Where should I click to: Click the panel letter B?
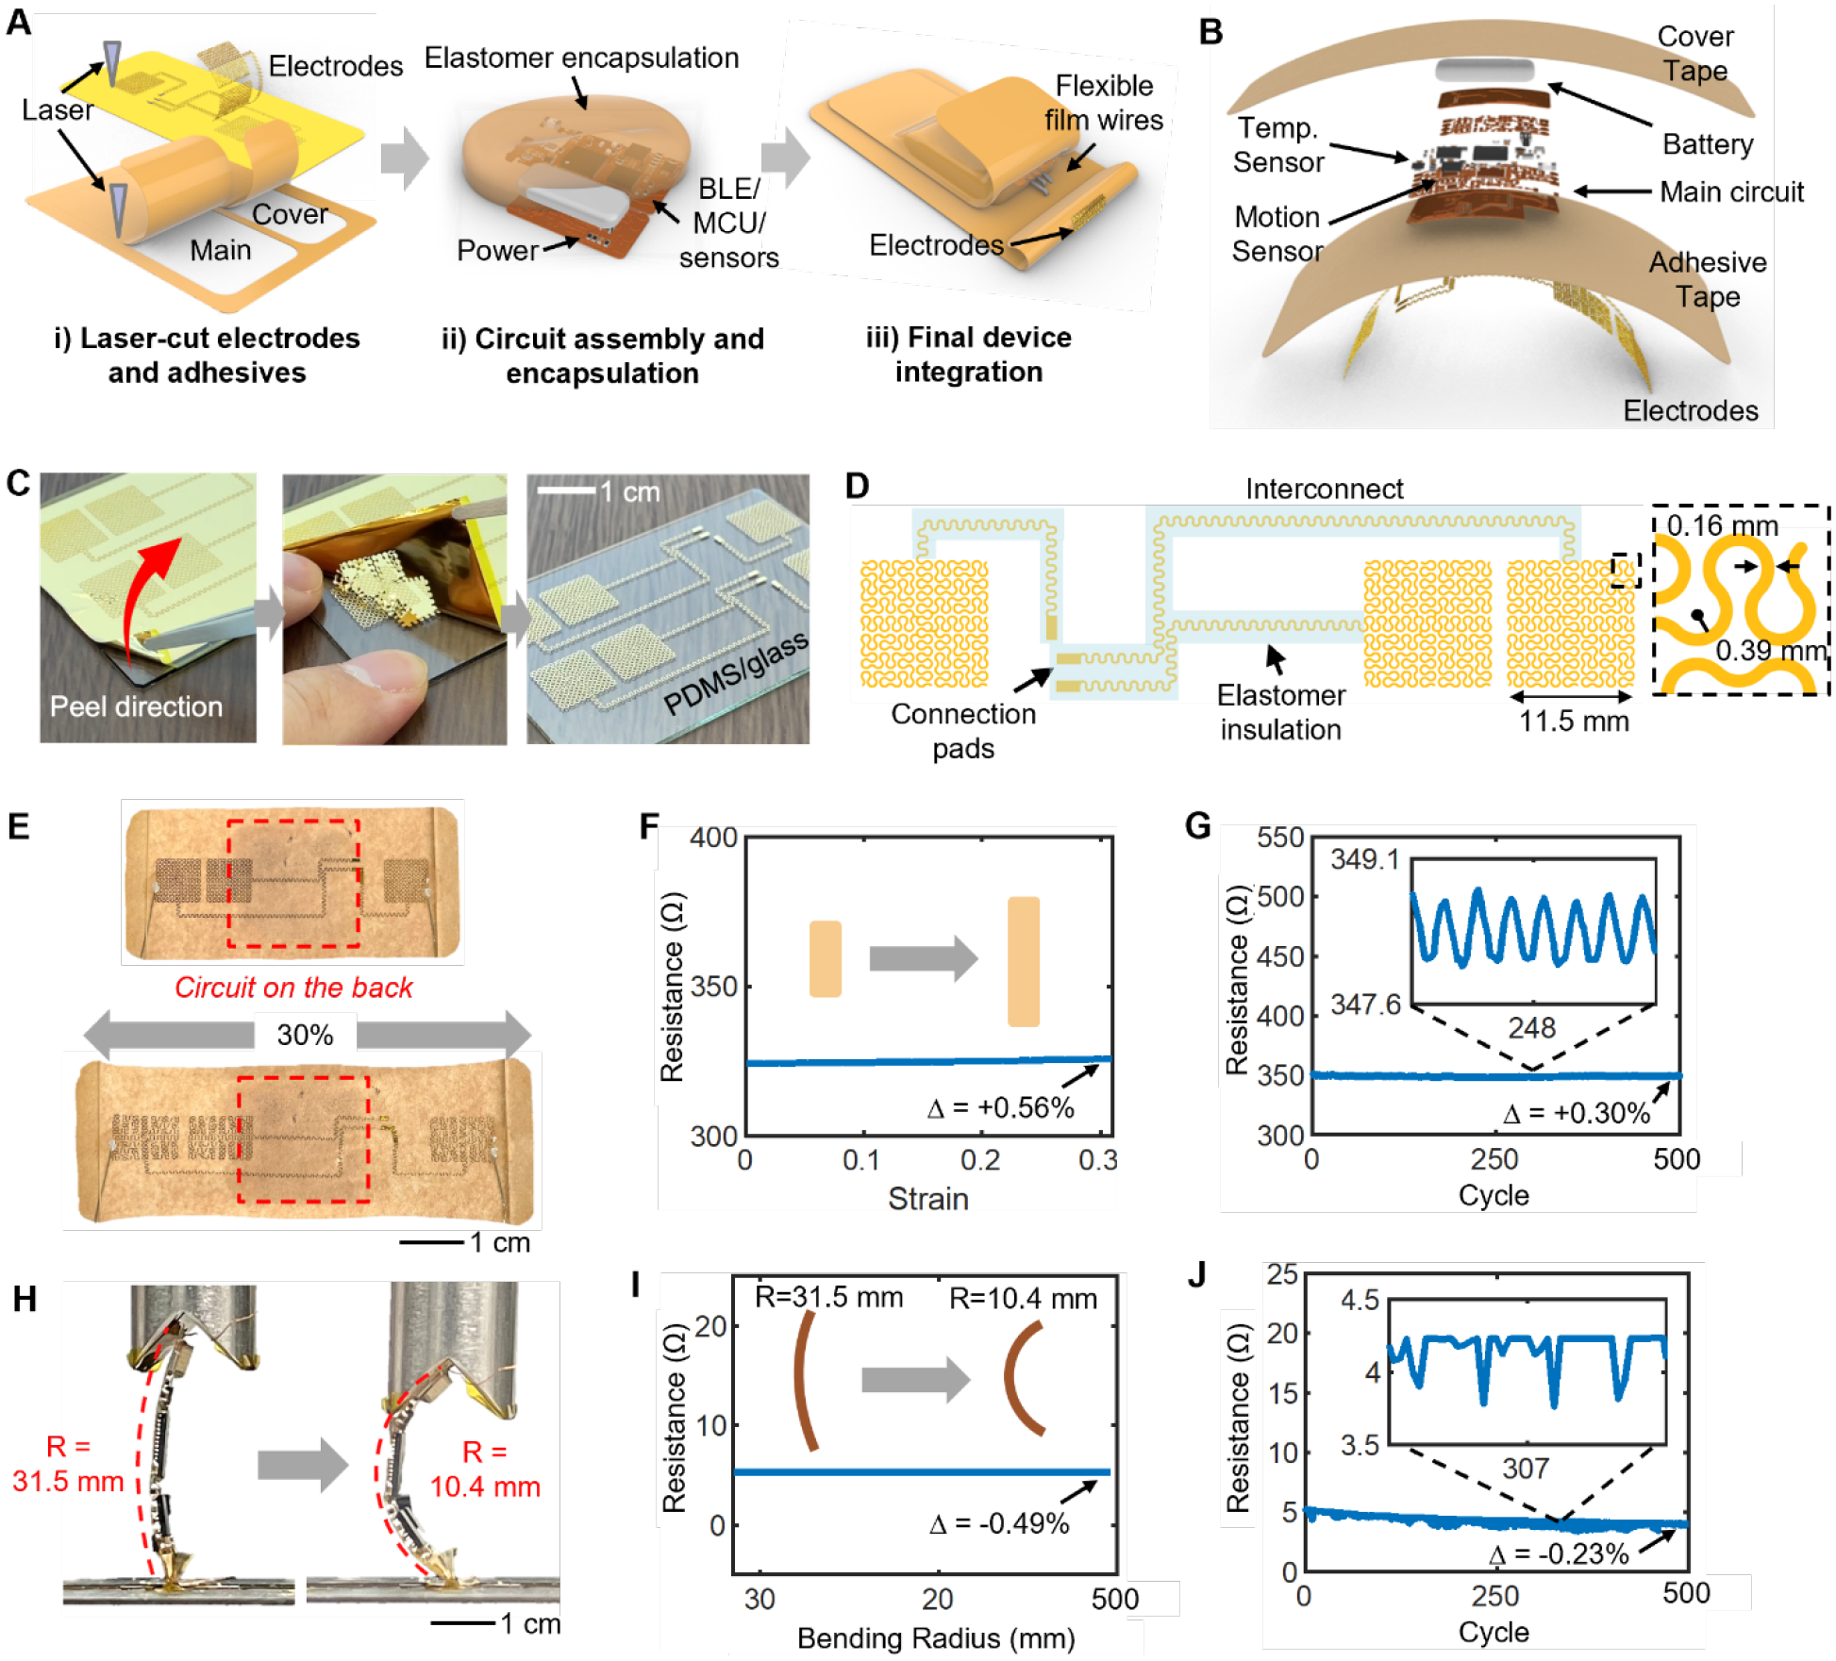click(x=1210, y=32)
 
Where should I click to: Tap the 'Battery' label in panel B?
click(x=1707, y=144)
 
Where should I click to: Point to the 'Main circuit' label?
click(x=1731, y=192)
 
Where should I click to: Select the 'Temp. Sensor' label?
click(x=1278, y=145)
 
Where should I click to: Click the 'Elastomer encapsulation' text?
click(x=581, y=58)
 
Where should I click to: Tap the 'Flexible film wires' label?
click(x=1103, y=103)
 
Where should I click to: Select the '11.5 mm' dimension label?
click(x=1573, y=722)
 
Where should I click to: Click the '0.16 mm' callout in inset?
click(x=1722, y=526)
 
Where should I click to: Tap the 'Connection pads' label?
click(x=963, y=731)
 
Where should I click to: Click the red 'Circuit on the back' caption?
click(x=293, y=988)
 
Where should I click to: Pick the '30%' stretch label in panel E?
click(x=305, y=1035)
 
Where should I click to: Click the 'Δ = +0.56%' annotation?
click(x=1000, y=1107)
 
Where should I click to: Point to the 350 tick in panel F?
click(x=713, y=987)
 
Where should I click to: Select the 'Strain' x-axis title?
click(x=927, y=1199)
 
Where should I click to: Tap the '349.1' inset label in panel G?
click(x=1364, y=859)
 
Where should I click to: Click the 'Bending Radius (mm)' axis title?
click(x=935, y=1638)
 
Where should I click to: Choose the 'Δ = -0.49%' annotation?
click(x=999, y=1523)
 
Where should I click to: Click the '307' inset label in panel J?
click(x=1525, y=1469)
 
